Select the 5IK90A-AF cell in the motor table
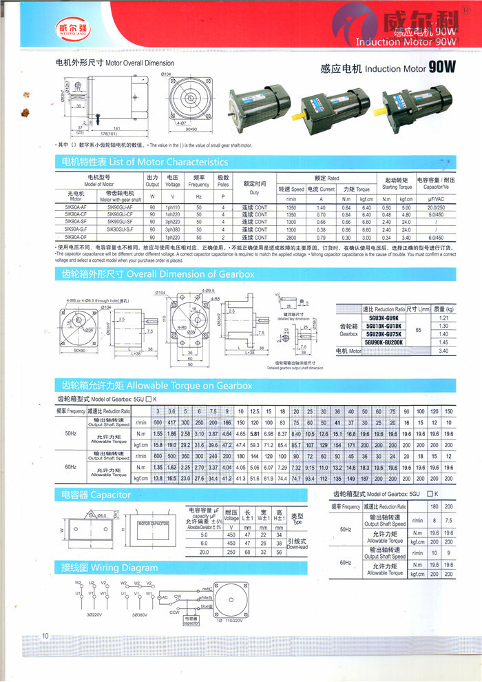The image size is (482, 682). point(76,207)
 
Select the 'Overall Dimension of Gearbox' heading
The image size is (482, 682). point(158,274)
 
